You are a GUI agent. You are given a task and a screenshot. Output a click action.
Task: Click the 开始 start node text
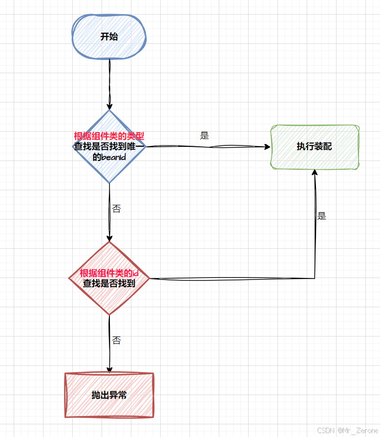[109, 37]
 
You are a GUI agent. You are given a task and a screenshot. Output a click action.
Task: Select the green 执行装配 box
[314, 146]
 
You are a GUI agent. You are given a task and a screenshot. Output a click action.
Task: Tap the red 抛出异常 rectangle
[109, 395]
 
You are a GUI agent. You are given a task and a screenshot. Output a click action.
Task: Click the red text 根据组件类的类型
[109, 136]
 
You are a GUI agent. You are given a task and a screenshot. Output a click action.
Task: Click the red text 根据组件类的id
[110, 273]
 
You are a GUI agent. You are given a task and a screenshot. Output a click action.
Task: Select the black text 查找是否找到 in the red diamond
[109, 283]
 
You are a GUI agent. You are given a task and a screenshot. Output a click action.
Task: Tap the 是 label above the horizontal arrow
[204, 136]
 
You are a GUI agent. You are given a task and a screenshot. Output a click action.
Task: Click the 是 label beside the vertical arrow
[321, 216]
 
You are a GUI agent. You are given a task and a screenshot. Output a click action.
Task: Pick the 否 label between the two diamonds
[116, 209]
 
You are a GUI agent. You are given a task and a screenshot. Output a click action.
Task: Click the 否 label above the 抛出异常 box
[116, 340]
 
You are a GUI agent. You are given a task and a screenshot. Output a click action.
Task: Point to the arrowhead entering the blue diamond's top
[109, 106]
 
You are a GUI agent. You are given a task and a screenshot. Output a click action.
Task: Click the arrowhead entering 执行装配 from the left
[267, 146]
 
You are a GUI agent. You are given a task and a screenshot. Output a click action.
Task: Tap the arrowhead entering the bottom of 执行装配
[315, 173]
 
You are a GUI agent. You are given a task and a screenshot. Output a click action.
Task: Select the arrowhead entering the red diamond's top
[109, 238]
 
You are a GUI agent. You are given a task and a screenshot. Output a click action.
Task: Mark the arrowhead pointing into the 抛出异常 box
[109, 370]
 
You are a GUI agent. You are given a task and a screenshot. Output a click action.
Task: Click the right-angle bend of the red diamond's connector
[315, 278]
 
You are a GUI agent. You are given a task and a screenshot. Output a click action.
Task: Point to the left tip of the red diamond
[70, 278]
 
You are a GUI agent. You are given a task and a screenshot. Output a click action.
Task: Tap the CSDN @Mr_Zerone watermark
[347, 430]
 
